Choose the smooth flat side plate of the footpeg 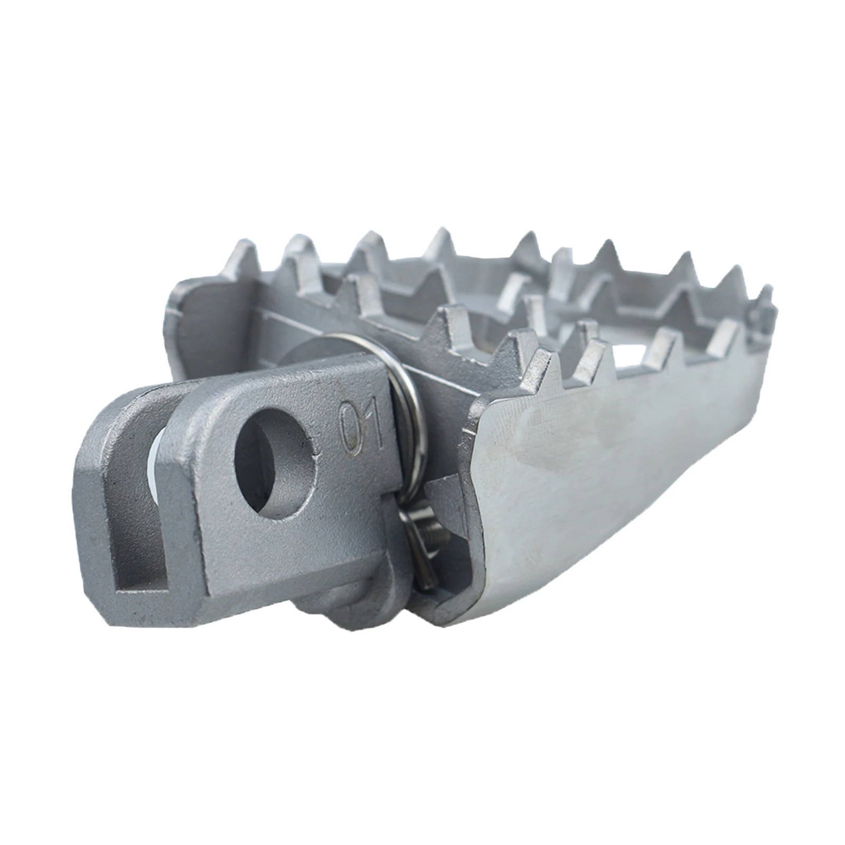(x=607, y=475)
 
